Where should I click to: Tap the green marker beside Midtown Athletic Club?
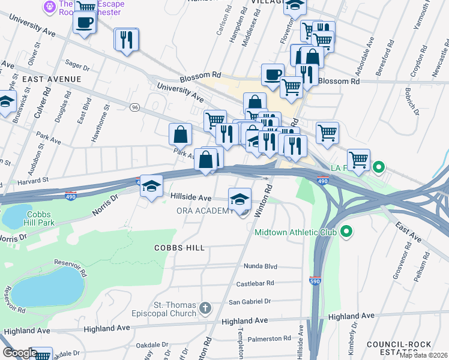pos(346,231)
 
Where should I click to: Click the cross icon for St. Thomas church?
pos(205,308)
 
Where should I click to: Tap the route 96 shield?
pos(135,107)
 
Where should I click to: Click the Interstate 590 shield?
pos(315,280)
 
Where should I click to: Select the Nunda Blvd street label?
pos(260,266)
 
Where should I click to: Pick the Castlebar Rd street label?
pos(258,283)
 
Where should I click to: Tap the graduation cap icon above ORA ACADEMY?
pos(240,198)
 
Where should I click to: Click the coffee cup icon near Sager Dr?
pos(84,22)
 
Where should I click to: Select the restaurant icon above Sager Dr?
pos(127,40)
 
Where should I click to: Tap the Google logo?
pos(20,352)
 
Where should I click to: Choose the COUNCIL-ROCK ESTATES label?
pos(402,348)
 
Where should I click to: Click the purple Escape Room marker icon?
pos(49,7)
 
